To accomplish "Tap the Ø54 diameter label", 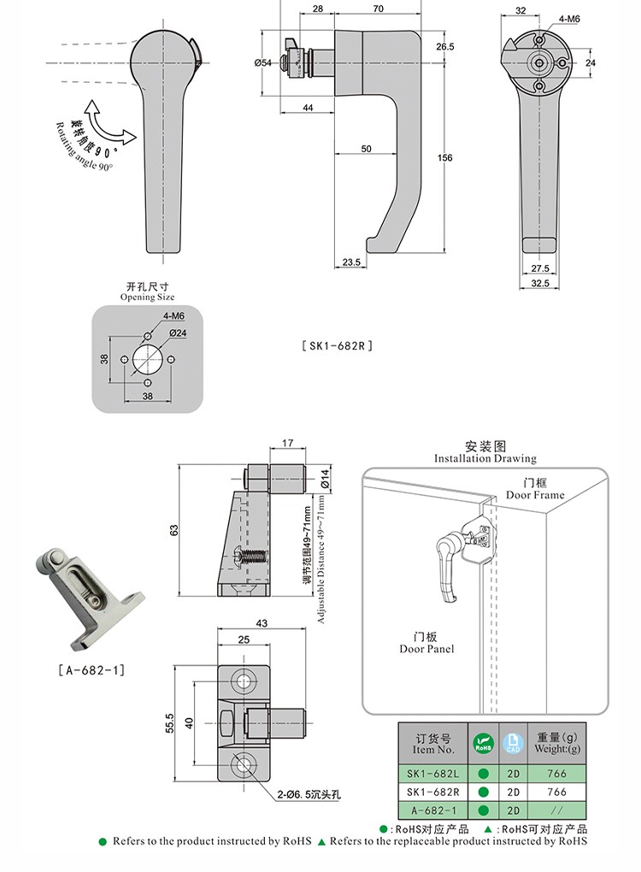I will click(x=262, y=63).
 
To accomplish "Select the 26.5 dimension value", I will click(x=444, y=47).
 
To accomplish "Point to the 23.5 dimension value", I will click(x=351, y=262).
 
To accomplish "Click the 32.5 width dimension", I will click(x=539, y=282).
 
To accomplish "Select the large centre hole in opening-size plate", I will click(x=148, y=359).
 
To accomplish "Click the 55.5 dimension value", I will click(x=170, y=723).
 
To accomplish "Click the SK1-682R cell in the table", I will click(x=433, y=792).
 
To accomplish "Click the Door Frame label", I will click(x=535, y=489).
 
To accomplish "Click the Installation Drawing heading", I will click(x=485, y=452).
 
